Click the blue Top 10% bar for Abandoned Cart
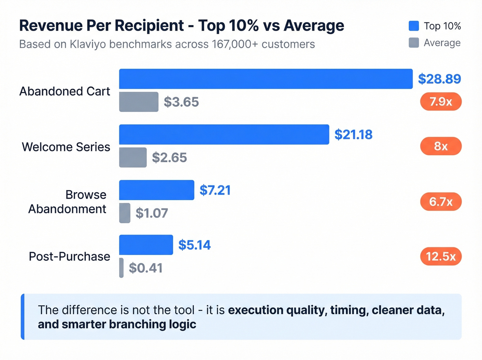tap(266, 79)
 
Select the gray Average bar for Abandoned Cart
tap(139, 102)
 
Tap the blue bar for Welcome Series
tap(224, 134)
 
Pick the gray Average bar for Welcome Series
tap(133, 157)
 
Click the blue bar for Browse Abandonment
tap(157, 190)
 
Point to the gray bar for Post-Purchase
tap(122, 268)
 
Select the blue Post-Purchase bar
tap(146, 245)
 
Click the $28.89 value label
tap(439, 79)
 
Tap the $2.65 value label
tap(169, 157)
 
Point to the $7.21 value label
tap(215, 190)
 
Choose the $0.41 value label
tap(146, 268)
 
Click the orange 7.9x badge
tap(441, 102)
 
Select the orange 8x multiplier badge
tap(441, 146)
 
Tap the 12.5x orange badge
tap(441, 256)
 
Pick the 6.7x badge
tap(441, 202)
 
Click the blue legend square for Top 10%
tap(414, 26)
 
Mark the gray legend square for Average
tap(414, 43)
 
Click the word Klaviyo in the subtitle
tap(88, 44)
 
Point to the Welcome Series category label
tap(66, 147)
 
